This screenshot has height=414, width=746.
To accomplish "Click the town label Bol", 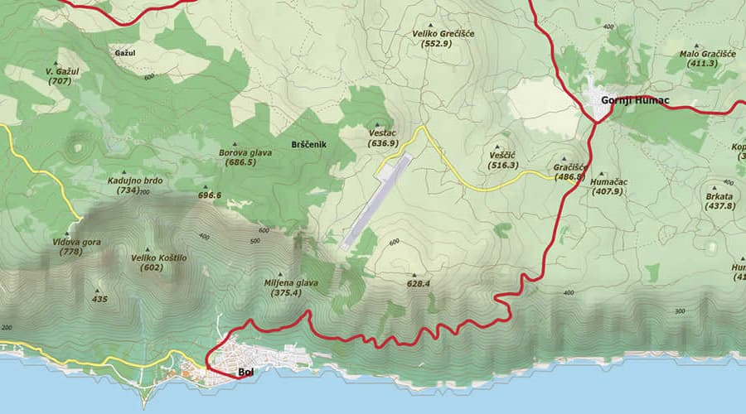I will pyautogui.click(x=245, y=373).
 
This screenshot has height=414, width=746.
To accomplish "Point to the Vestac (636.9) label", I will pyautogui.click(x=383, y=137).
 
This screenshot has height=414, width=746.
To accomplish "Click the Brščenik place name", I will pyautogui.click(x=310, y=145).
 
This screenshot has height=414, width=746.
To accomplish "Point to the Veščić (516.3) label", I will pyautogui.click(x=503, y=160).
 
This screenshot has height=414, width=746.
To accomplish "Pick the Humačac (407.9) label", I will pyautogui.click(x=608, y=186).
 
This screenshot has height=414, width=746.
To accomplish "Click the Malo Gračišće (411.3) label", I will pyautogui.click(x=707, y=58).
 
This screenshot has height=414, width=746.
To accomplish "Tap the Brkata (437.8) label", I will pyautogui.click(x=719, y=200).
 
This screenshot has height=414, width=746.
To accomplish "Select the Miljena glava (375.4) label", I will pyautogui.click(x=294, y=286).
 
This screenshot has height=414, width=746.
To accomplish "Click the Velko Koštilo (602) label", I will pyautogui.click(x=153, y=262).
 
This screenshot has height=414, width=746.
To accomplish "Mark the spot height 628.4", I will pyautogui.click(x=418, y=284).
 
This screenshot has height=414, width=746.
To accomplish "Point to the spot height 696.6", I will pyautogui.click(x=210, y=195).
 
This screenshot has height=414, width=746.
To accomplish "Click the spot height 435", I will pyautogui.click(x=100, y=299).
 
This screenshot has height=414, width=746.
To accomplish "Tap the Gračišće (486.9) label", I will pyautogui.click(x=569, y=171).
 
